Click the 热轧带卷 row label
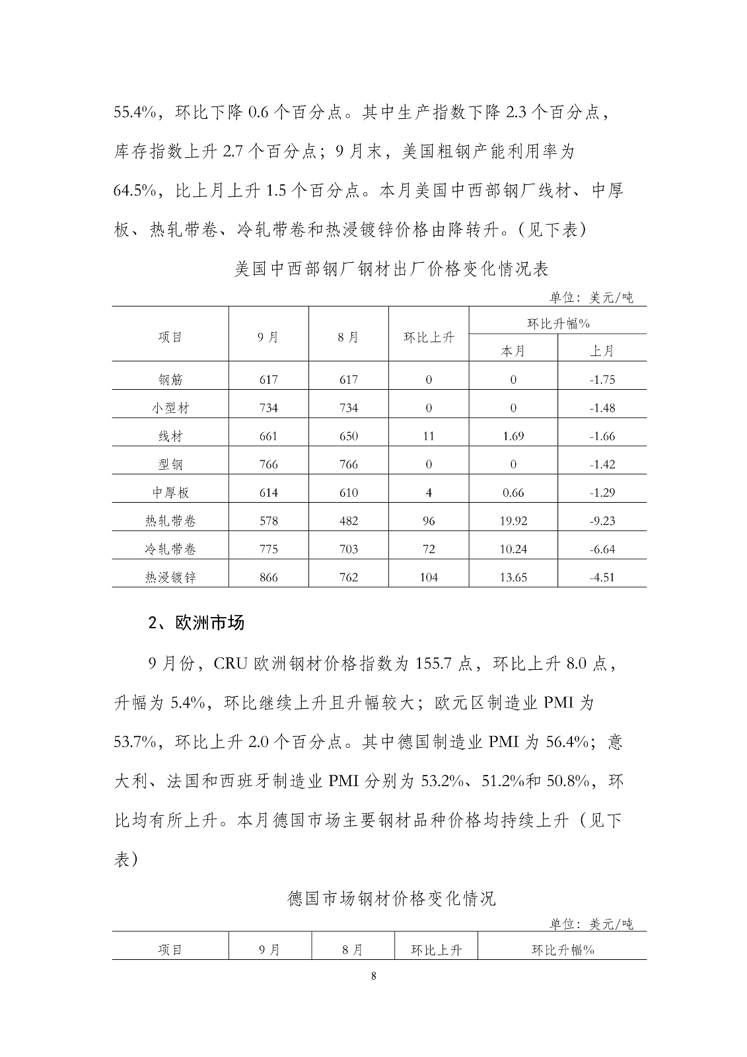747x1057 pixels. [x=170, y=521]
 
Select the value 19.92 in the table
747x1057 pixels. [x=513, y=521]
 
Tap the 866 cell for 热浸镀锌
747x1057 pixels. [x=269, y=577]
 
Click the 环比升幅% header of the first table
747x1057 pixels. [x=558, y=324]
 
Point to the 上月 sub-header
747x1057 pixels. [x=602, y=351]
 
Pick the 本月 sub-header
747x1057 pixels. [x=513, y=351]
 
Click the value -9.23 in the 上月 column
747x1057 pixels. [x=602, y=521]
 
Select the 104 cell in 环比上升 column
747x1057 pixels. [x=429, y=577]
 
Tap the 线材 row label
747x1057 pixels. [x=170, y=436]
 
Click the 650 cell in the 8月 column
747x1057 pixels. [x=348, y=436]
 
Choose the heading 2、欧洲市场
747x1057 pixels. [x=196, y=623]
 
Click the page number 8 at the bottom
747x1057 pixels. [x=374, y=976]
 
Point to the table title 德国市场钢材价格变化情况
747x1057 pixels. [x=392, y=898]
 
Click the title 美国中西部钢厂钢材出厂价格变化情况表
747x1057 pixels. [x=392, y=269]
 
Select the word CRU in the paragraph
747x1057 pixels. [x=230, y=663]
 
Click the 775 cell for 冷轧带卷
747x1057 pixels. [x=269, y=549]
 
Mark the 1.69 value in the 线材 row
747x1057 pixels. [x=513, y=436]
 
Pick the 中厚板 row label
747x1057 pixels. [x=170, y=492]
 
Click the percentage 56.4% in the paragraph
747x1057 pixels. [x=568, y=742]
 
